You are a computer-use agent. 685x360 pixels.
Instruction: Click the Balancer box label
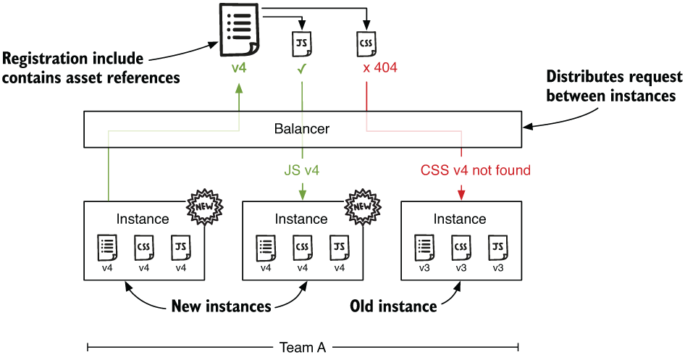pyautogui.click(x=301, y=130)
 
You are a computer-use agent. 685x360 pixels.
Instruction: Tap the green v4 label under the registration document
pyautogui.click(x=239, y=68)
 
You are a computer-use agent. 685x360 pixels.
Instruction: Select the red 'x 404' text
pyautogui.click(x=379, y=68)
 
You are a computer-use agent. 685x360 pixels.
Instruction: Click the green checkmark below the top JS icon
pyautogui.click(x=301, y=68)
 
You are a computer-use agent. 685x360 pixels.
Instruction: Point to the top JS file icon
pyautogui.click(x=301, y=43)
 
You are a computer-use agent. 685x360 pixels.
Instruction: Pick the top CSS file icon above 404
pyautogui.click(x=367, y=43)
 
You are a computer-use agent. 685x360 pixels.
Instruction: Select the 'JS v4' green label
pyautogui.click(x=301, y=171)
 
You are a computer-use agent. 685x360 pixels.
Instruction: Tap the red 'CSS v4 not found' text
pyautogui.click(x=476, y=171)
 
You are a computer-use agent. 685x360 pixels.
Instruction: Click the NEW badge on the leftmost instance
pyautogui.click(x=203, y=207)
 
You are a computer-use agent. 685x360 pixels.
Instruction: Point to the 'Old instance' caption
pyautogui.click(x=393, y=306)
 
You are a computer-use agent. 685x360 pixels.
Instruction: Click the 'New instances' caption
pyautogui.click(x=221, y=306)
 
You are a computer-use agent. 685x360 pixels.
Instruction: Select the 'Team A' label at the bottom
pyautogui.click(x=302, y=348)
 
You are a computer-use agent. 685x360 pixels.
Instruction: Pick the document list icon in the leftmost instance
pyautogui.click(x=106, y=248)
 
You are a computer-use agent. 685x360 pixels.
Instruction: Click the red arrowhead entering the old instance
pyautogui.click(x=461, y=194)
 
